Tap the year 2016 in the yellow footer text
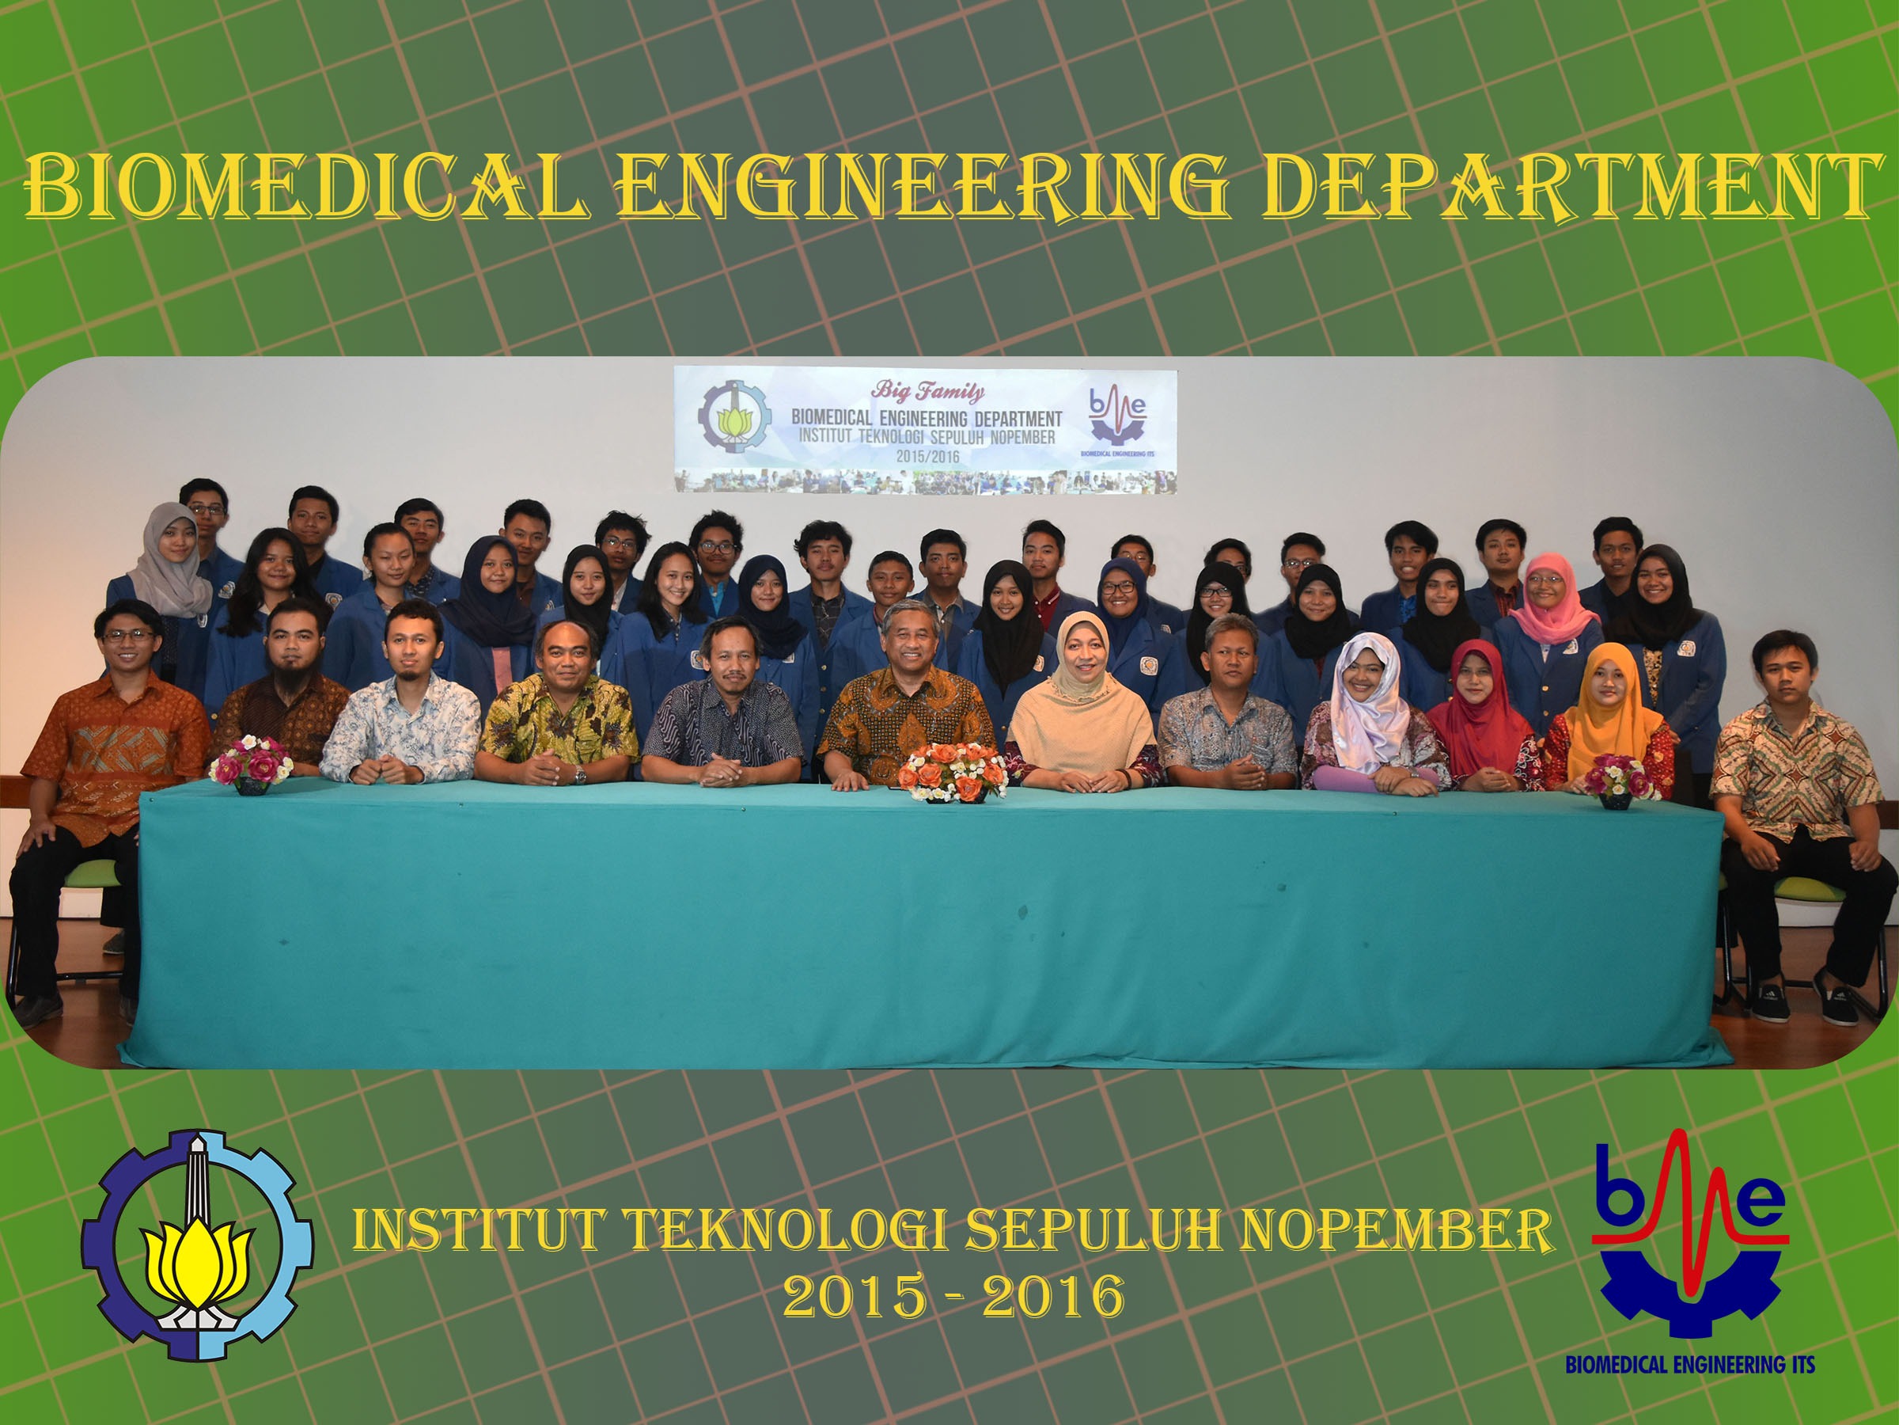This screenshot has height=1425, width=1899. pyautogui.click(x=1053, y=1299)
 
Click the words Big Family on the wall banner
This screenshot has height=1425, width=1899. pyautogui.click(x=928, y=393)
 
